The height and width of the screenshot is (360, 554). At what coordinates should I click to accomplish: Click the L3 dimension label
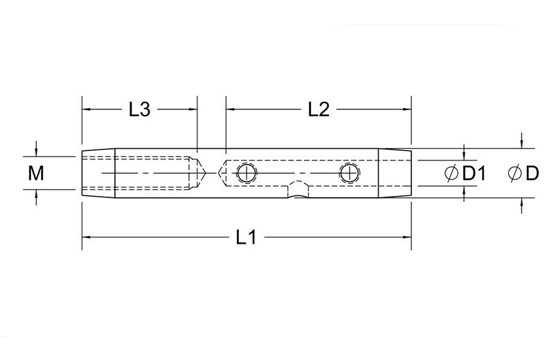click(x=140, y=109)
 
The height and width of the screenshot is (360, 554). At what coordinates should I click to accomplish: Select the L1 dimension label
click(x=246, y=237)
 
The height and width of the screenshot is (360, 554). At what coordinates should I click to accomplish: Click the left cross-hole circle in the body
click(x=246, y=173)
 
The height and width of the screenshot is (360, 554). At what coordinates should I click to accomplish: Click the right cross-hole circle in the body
click(x=350, y=173)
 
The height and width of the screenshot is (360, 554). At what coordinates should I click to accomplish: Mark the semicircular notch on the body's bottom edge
click(x=298, y=191)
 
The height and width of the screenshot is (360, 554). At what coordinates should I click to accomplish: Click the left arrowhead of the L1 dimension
click(x=87, y=237)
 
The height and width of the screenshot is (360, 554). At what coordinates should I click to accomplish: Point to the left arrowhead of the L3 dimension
click(x=87, y=109)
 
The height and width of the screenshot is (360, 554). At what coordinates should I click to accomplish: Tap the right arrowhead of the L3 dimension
click(x=193, y=109)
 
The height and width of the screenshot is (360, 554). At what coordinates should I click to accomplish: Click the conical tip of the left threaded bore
click(x=202, y=172)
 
